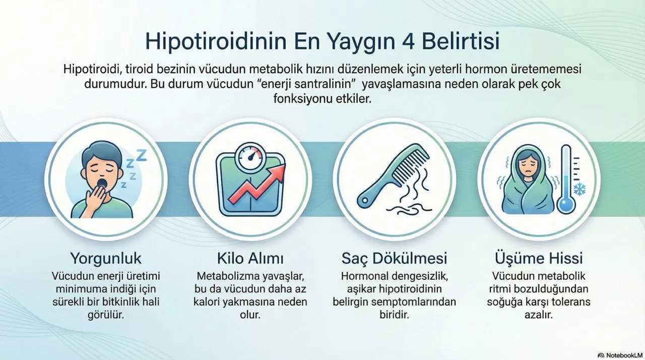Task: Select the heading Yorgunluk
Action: click(x=106, y=259)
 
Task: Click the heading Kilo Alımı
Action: click(x=250, y=259)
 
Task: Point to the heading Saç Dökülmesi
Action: click(x=394, y=259)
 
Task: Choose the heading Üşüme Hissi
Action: click(x=539, y=259)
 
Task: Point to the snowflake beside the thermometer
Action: click(x=579, y=189)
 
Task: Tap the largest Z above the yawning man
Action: click(x=141, y=156)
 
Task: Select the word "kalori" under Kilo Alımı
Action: click(x=209, y=302)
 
